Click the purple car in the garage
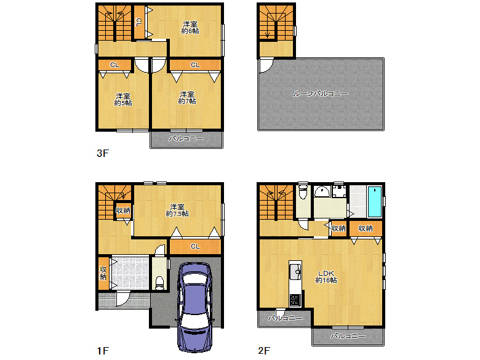[x=195, y=308]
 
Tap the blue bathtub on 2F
[x=375, y=201]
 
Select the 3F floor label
[x=103, y=153]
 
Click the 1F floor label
[x=103, y=351]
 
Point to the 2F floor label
[x=264, y=351]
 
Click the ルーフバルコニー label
[x=320, y=94]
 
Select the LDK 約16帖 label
[x=326, y=277]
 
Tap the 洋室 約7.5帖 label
[x=177, y=210]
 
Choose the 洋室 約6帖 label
[x=190, y=28]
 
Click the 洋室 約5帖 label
[x=123, y=100]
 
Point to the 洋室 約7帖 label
[x=187, y=98]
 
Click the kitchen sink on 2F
[x=295, y=271]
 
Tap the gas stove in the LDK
[x=295, y=300]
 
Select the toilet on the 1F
[x=159, y=282]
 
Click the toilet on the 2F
[x=303, y=191]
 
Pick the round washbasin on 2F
[x=322, y=191]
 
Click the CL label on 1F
[x=195, y=246]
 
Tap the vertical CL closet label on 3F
[x=138, y=22]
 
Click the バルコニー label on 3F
[x=186, y=138]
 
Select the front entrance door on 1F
[x=122, y=299]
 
